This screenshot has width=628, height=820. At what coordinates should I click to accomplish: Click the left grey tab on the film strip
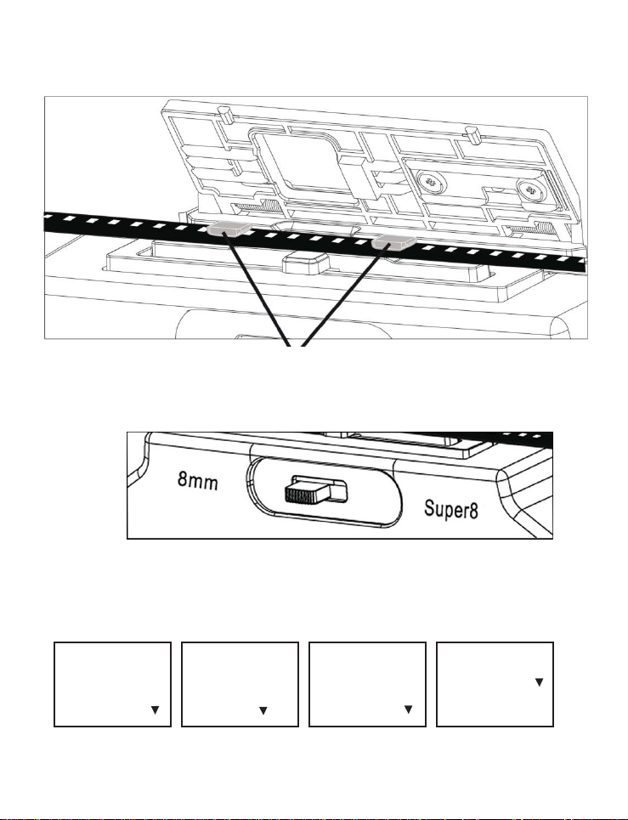tap(227, 228)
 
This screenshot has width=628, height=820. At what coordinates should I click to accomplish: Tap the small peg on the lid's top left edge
tap(224, 114)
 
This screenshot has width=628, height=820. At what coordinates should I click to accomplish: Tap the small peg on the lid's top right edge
tap(468, 133)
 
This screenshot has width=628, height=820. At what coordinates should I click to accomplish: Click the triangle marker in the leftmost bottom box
tap(156, 710)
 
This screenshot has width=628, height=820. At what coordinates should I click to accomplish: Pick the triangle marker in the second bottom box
tap(263, 710)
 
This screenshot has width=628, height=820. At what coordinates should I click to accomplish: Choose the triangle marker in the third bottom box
tap(408, 710)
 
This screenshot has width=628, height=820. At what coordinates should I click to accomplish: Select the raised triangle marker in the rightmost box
tap(538, 681)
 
